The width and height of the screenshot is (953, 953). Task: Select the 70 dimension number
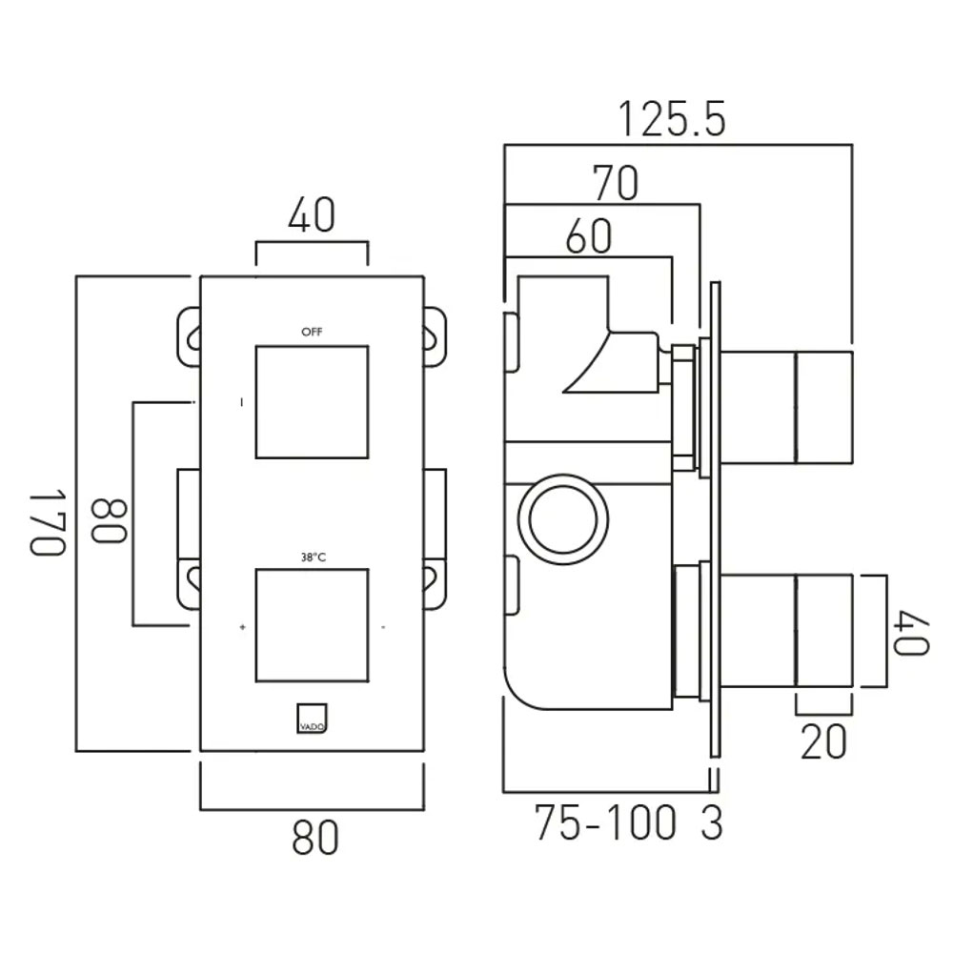(616, 183)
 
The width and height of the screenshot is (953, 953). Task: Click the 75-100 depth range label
(605, 823)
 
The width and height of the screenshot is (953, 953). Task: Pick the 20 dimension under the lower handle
(823, 741)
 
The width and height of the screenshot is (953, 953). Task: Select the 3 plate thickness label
(712, 823)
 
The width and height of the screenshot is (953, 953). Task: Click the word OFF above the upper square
(312, 332)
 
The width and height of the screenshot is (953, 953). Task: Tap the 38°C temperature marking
(313, 557)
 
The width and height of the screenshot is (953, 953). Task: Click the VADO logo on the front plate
(313, 719)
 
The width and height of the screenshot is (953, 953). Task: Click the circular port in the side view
(563, 476)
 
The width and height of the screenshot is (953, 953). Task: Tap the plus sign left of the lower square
(242, 627)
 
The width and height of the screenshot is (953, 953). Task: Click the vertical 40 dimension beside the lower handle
(912, 634)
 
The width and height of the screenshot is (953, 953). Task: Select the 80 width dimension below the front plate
(314, 838)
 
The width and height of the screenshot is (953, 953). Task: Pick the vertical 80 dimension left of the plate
(110, 520)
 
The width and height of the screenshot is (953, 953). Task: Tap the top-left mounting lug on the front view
(189, 337)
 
